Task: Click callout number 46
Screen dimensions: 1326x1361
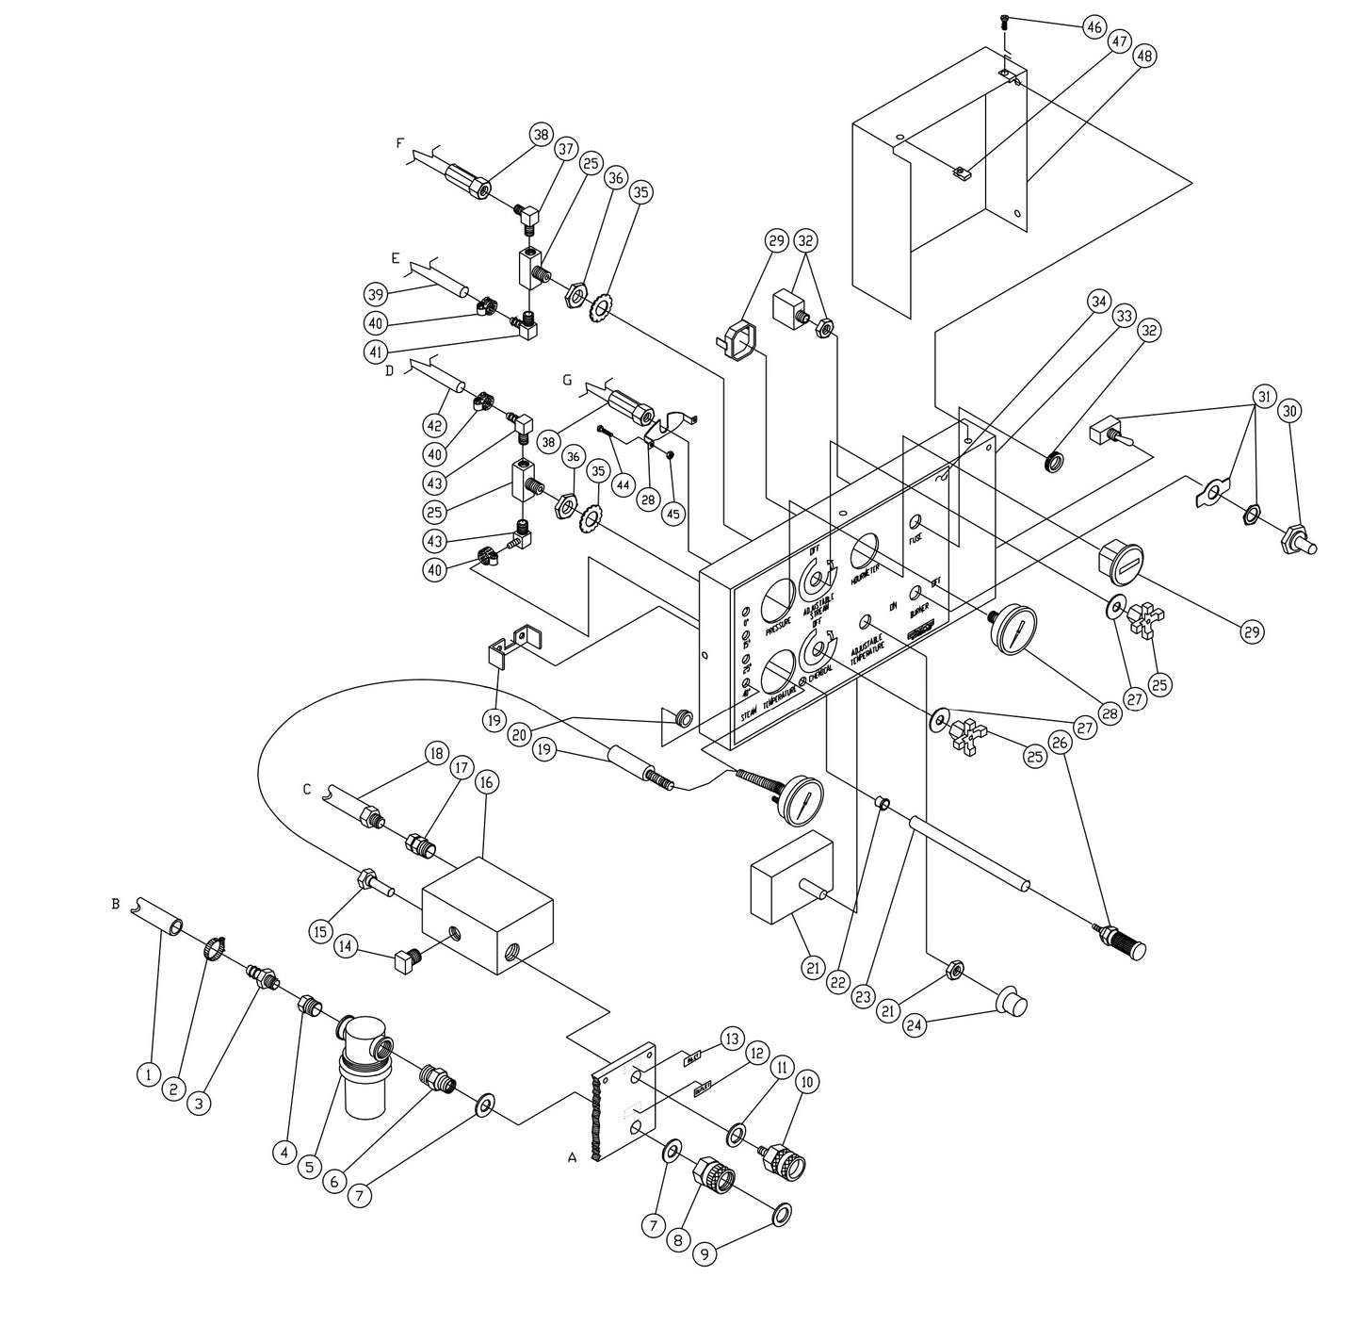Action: click(1094, 28)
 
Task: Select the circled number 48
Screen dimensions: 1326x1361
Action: click(1144, 56)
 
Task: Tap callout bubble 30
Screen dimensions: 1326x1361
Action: click(1289, 411)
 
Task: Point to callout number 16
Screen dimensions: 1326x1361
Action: click(486, 782)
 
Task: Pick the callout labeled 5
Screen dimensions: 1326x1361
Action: click(310, 1166)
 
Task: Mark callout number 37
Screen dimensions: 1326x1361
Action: click(565, 150)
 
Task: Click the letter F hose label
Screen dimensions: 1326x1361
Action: click(400, 143)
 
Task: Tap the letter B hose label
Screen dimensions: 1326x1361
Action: click(115, 903)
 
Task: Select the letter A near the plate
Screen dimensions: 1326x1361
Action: click(572, 1158)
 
